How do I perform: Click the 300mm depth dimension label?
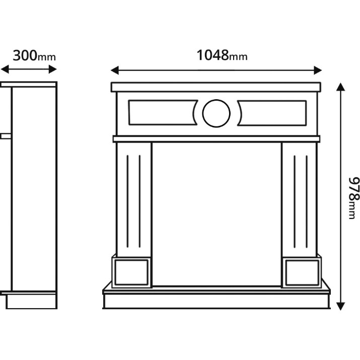coord(34,55)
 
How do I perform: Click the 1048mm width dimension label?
coord(222,55)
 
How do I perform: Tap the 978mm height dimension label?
coord(353,198)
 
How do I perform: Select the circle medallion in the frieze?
coord(217,113)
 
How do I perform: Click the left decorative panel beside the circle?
coord(163,112)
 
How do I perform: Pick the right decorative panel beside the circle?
coord(272,113)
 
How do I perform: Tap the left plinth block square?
coord(131,272)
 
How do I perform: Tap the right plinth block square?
coord(302,272)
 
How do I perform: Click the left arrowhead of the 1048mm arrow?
coord(115,70)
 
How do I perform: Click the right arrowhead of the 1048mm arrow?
coord(318,70)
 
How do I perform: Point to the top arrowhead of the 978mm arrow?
coord(340,87)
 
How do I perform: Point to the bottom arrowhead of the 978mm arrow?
coord(340,306)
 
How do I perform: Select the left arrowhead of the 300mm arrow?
coord(5,69)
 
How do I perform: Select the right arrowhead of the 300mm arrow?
coord(53,69)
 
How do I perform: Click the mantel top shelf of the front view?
coord(216,87)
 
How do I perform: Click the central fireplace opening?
coord(217,214)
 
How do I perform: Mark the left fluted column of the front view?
coord(133,199)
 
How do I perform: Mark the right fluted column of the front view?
coord(300,199)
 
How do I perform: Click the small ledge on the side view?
coord(6,136)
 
